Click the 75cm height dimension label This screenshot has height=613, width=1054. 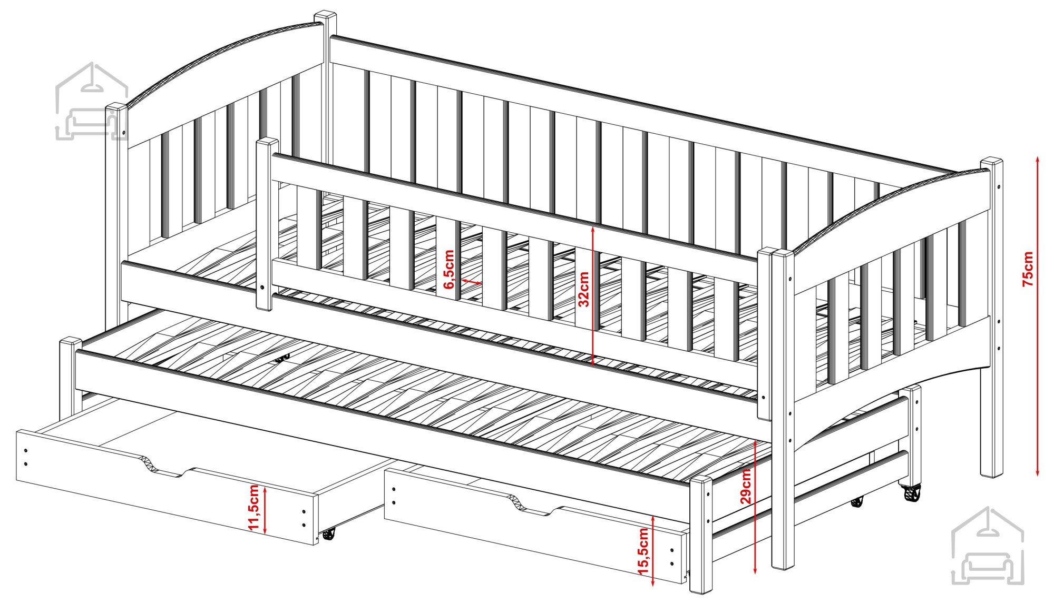point(1028,269)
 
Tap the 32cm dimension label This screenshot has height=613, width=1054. point(583,289)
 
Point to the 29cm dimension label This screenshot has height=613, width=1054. point(746,486)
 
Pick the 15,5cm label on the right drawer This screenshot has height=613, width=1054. point(643,551)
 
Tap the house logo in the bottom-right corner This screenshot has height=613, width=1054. point(987,546)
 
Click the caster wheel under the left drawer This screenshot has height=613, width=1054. point(328,534)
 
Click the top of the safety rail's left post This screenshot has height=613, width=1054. point(267,144)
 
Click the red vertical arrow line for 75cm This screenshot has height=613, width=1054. point(1038,316)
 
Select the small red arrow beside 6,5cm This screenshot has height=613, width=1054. point(471,282)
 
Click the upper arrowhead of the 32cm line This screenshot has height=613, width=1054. point(593,230)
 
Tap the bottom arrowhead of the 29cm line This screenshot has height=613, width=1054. point(755,569)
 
